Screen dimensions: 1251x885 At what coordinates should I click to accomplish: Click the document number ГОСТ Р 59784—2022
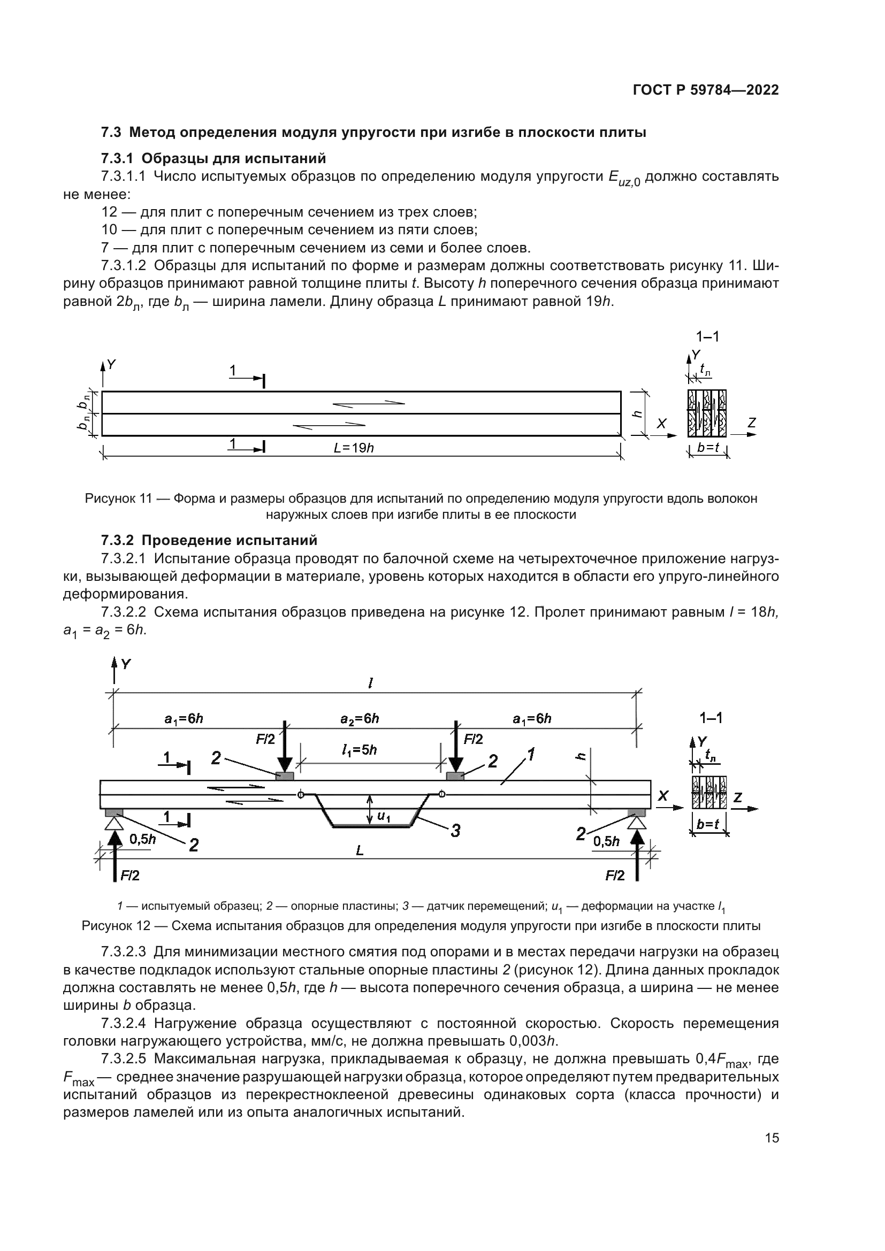(706, 90)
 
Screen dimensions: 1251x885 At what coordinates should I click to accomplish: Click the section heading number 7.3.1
(119, 158)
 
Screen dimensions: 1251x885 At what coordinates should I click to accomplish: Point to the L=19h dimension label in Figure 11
(354, 448)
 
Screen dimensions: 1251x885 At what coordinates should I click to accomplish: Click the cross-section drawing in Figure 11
(707, 413)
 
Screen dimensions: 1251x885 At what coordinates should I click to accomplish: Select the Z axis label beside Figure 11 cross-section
(752, 423)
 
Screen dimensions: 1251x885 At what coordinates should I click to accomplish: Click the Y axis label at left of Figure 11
(111, 365)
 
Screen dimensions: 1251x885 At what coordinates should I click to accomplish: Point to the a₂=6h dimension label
(360, 719)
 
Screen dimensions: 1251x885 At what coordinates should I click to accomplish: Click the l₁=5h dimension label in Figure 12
(360, 750)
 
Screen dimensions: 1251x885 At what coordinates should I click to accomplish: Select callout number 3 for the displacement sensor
(455, 831)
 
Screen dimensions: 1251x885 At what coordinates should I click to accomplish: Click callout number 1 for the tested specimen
(530, 755)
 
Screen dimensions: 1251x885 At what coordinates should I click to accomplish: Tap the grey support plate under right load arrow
(455, 776)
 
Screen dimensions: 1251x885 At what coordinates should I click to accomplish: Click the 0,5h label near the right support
(606, 842)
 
